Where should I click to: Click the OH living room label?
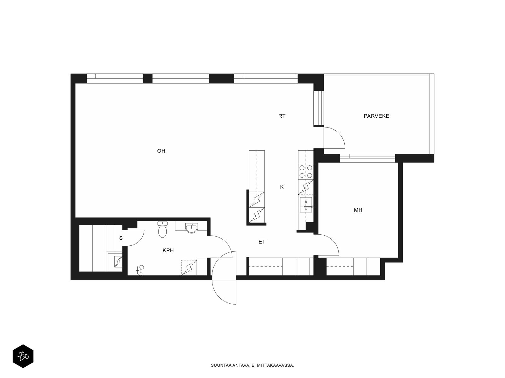pyautogui.click(x=161, y=151)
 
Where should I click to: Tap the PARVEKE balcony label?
pyautogui.click(x=377, y=116)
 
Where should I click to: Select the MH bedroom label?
pyautogui.click(x=358, y=210)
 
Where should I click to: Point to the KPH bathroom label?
pyautogui.click(x=168, y=250)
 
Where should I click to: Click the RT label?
pyautogui.click(x=282, y=116)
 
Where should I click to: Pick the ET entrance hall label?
pyautogui.click(x=262, y=242)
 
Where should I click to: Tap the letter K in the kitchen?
pyautogui.click(x=282, y=187)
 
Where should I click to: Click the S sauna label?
pyautogui.click(x=121, y=238)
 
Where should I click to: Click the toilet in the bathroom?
pyautogui.click(x=163, y=229)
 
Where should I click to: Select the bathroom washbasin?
pyautogui.click(x=191, y=228)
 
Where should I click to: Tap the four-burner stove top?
pyautogui.click(x=306, y=172)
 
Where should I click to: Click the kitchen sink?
pyautogui.click(x=306, y=205)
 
